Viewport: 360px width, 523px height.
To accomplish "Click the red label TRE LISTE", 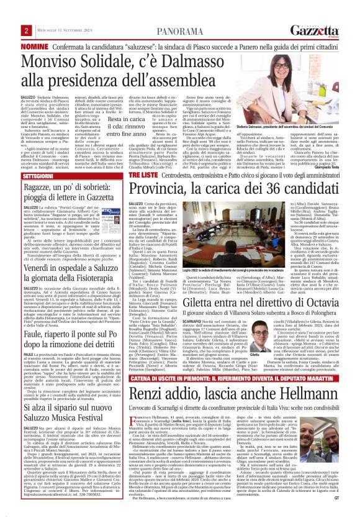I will pos(145,176).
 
